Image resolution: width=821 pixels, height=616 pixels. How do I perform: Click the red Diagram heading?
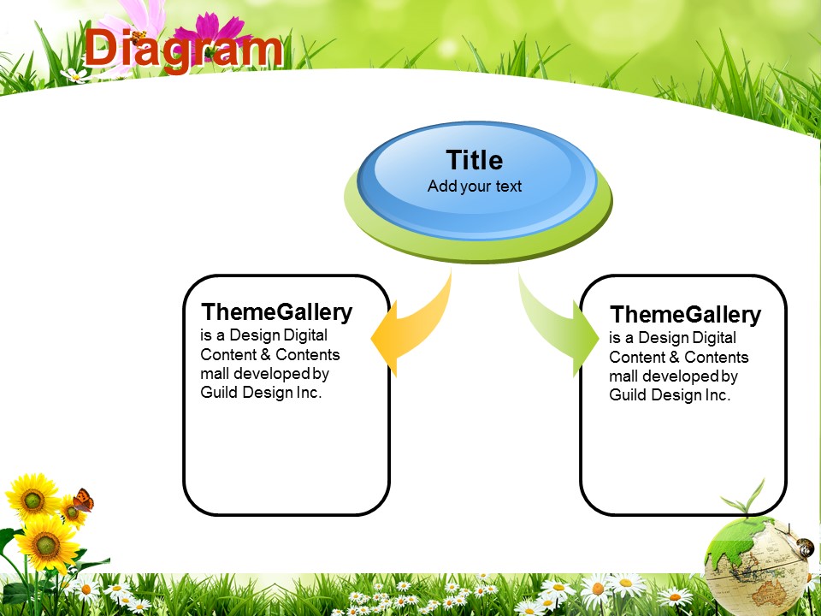click(183, 49)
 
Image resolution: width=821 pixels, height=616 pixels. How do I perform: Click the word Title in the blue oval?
click(475, 160)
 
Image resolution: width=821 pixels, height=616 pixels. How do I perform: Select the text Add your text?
click(475, 186)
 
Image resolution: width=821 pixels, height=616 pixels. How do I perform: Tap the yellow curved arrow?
click(410, 325)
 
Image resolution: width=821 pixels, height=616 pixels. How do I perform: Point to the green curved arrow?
click(558, 325)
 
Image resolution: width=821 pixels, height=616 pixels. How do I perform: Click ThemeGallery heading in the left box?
click(276, 312)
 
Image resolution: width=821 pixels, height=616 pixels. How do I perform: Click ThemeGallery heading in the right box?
click(685, 315)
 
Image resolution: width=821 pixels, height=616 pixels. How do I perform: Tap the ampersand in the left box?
click(265, 354)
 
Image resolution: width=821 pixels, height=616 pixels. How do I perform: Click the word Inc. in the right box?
click(718, 394)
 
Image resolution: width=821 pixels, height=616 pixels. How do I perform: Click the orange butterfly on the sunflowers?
click(83, 500)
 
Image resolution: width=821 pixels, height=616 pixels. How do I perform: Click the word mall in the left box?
click(215, 374)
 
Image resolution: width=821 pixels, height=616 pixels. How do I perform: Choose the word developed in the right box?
click(682, 376)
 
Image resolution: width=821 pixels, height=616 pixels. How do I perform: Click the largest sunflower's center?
click(47, 545)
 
